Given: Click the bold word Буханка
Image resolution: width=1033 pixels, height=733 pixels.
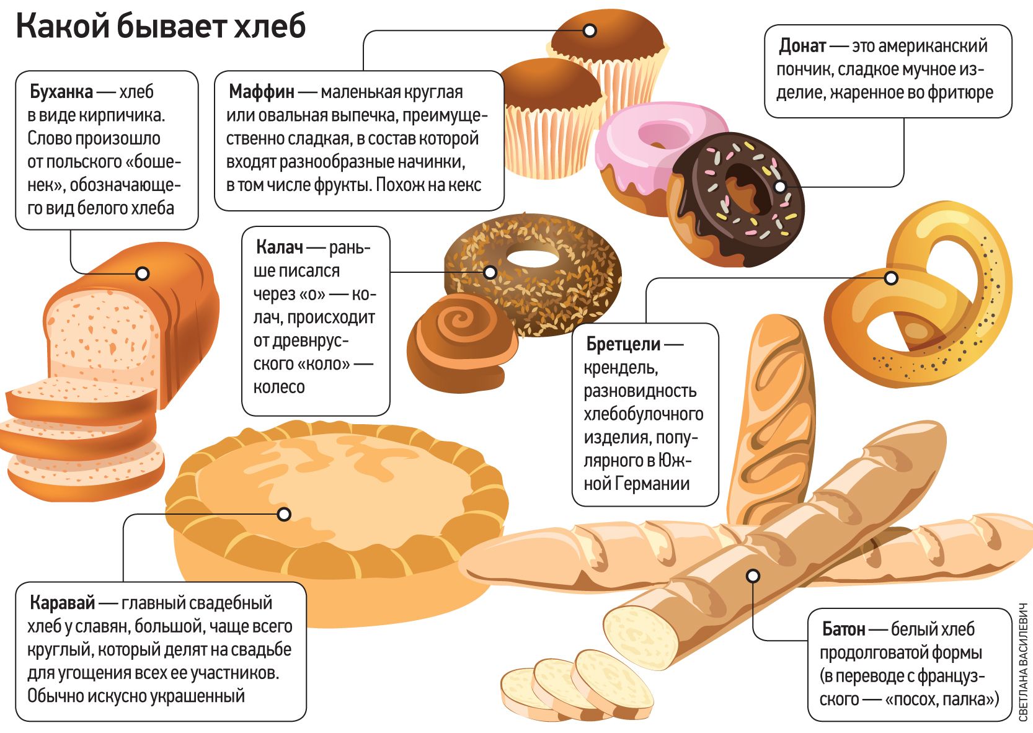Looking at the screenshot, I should pyautogui.click(x=61, y=92).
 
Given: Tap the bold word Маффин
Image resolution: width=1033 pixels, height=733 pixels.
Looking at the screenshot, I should pyautogui.click(x=261, y=92).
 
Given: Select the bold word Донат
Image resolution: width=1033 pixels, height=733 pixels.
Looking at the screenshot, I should pyautogui.click(x=802, y=46).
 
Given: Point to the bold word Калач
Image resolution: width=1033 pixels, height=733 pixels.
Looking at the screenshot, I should pyautogui.click(x=279, y=247).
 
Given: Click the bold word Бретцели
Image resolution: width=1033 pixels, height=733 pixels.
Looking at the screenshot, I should pyautogui.click(x=623, y=344).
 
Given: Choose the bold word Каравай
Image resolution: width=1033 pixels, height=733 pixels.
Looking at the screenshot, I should pyautogui.click(x=63, y=603).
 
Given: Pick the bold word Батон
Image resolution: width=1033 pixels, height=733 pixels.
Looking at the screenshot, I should pyautogui.click(x=843, y=629).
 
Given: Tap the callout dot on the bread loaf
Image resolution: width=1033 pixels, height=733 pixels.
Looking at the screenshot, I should pyautogui.click(x=143, y=273).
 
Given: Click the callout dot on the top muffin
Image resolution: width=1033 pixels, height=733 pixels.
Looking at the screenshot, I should pyautogui.click(x=590, y=30).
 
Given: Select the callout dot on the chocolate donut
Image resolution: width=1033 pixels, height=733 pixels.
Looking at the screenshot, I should pyautogui.click(x=780, y=186).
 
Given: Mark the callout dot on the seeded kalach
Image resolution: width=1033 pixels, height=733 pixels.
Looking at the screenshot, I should pyautogui.click(x=490, y=272).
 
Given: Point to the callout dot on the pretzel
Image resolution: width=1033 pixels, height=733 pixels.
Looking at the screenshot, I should pyautogui.click(x=891, y=278).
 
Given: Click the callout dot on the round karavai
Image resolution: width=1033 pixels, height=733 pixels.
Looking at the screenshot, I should pyautogui.click(x=284, y=514).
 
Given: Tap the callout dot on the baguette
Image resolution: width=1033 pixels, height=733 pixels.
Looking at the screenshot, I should pyautogui.click(x=753, y=575).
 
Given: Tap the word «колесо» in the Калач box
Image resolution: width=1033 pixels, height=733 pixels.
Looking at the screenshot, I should pyautogui.click(x=279, y=387).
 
